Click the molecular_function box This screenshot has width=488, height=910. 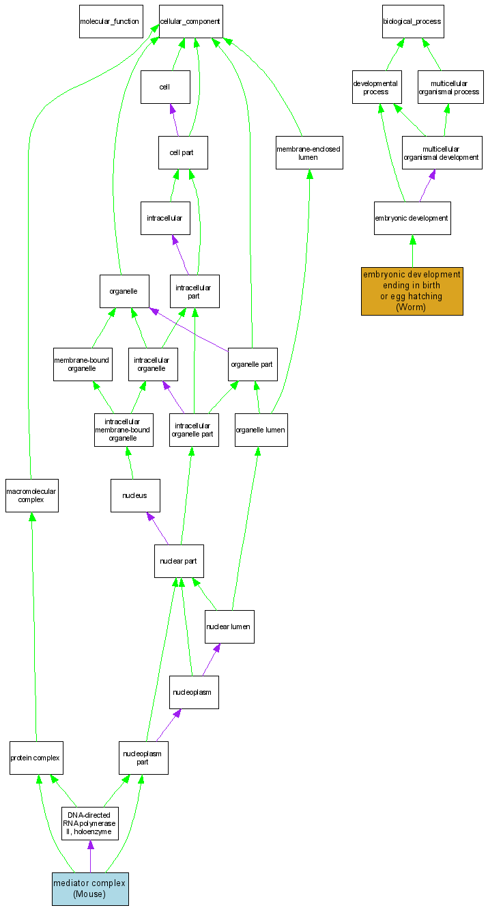pos(109,21)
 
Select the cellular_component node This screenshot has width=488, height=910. pos(190,21)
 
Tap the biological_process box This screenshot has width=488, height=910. pos(412,21)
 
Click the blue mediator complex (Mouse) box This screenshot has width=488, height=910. pos(90,888)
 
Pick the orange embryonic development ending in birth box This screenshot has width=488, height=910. pos(412,291)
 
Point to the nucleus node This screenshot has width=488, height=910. pos(135,495)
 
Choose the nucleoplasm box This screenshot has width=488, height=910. pos(194,692)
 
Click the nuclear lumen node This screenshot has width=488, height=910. pos(229,626)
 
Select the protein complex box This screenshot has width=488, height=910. pos(36,758)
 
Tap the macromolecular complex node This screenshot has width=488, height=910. pos(31,495)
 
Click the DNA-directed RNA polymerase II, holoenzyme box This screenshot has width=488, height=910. pos(90,823)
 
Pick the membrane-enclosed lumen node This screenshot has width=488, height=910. pos(308,152)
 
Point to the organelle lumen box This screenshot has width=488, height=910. pos(261,430)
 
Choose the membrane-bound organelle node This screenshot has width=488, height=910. pos(82,364)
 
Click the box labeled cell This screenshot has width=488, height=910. pos(165,87)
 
